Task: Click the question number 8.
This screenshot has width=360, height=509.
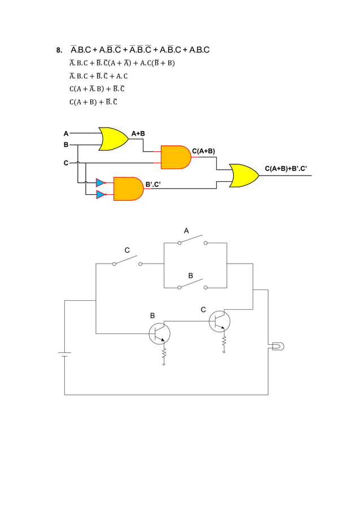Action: click(59, 50)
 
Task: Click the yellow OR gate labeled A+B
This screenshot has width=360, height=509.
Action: click(113, 139)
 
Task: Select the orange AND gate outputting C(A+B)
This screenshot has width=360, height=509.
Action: click(175, 157)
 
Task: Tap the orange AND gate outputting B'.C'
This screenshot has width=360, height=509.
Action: click(128, 188)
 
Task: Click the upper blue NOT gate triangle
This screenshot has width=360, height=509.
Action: click(100, 182)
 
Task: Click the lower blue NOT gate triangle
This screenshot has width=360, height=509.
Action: click(100, 195)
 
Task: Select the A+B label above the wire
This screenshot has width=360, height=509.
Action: click(138, 134)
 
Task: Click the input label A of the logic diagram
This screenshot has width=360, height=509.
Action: click(65, 134)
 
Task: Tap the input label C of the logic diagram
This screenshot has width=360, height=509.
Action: click(65, 163)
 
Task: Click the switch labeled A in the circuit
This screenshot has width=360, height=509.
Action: click(192, 240)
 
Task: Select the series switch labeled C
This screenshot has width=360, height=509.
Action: click(127, 260)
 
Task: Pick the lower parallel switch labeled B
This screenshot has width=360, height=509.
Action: click(192, 284)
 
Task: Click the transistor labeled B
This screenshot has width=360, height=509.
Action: click(159, 334)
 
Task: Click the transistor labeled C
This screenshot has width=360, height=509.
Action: click(219, 321)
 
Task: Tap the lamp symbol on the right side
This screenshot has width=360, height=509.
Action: click(277, 346)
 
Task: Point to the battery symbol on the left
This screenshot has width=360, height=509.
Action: click(65, 354)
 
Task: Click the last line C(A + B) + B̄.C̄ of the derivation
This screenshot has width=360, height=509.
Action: click(93, 102)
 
